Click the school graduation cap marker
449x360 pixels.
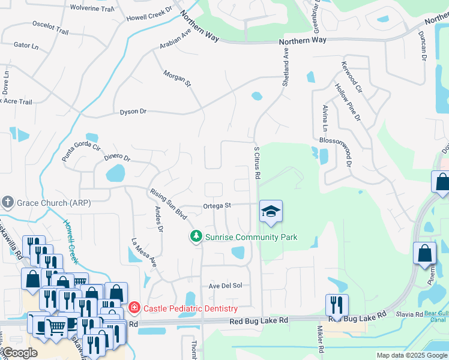[271, 211]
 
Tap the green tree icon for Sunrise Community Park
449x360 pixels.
[196, 237]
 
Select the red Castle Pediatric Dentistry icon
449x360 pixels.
[134, 308]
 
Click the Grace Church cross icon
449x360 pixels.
[8, 202]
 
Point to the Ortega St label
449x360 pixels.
[217, 205]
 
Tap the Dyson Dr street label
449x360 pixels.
[133, 112]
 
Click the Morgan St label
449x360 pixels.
[177, 79]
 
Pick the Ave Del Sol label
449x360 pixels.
[225, 286]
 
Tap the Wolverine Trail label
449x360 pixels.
[92, 8]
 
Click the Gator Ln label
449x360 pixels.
[26, 46]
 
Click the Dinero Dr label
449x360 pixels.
[116, 157]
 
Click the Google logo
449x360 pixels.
[20, 353]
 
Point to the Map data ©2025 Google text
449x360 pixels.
[412, 355]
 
